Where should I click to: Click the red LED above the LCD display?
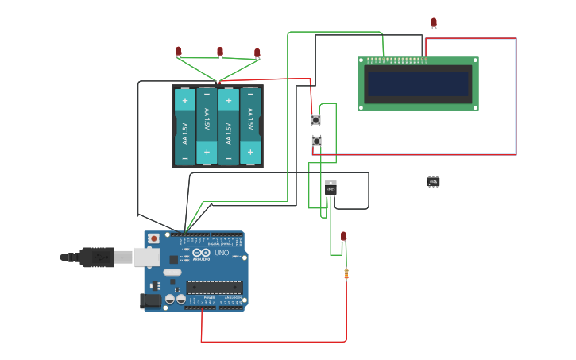434,22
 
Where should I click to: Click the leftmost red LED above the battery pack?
179,51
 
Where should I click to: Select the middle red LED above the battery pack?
220,52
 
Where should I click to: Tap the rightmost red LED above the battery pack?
257,53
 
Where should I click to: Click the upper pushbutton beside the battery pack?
315,120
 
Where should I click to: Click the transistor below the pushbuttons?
331,188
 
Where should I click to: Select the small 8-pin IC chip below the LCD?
433,182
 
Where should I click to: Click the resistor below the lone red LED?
346,274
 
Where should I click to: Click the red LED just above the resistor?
344,236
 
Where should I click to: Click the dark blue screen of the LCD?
418,83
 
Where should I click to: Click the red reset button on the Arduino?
153,238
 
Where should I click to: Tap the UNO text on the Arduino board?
222,254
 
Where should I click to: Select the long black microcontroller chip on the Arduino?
214,287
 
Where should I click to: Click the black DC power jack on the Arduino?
149,300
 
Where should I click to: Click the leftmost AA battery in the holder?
184,126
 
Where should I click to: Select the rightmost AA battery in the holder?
250,126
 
